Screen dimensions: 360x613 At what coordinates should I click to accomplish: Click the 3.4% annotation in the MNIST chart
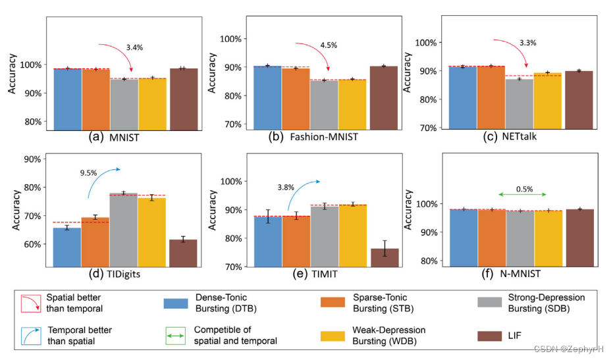pyautogui.click(x=134, y=47)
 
